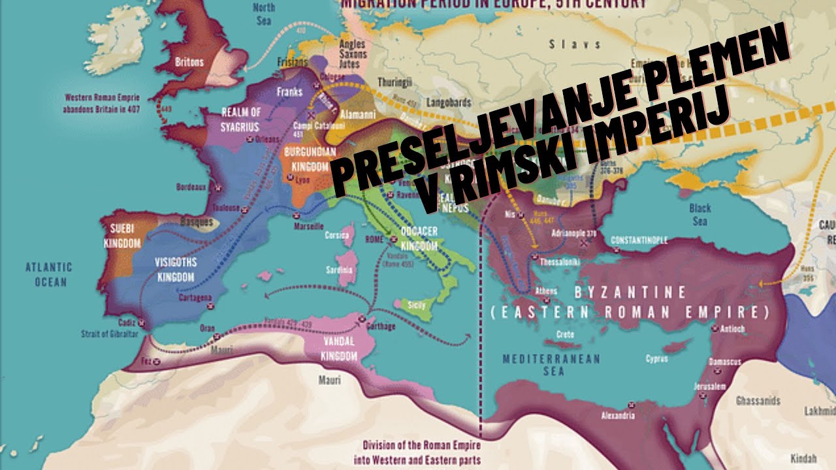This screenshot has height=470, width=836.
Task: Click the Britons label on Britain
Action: [189, 63]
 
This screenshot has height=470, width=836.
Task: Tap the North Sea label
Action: [263, 12]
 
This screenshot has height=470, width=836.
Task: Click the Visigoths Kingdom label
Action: [176, 270]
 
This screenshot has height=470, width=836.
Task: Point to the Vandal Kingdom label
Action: [340, 349]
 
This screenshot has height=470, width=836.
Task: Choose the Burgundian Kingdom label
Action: [306, 159]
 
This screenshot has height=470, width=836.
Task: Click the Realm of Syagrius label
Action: [241, 118]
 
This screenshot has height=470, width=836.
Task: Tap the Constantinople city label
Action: [639, 240]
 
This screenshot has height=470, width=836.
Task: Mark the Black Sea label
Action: [699, 215]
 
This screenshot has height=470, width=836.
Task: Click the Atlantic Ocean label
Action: [49, 274]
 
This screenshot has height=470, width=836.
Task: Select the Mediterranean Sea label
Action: [533, 364]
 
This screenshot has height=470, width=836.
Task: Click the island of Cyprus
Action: [656, 358]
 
